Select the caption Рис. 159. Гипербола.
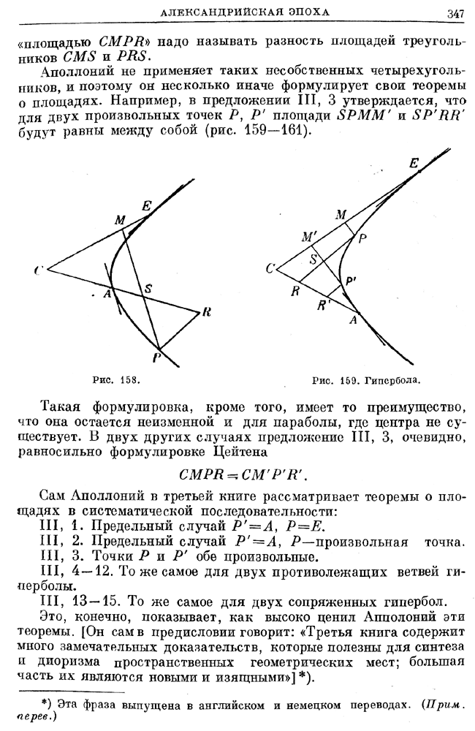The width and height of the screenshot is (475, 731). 368,380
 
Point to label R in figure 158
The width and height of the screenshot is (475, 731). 207,313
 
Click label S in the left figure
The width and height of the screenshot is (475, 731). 148,288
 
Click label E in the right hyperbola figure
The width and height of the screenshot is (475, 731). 414,165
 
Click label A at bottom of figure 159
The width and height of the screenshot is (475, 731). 354,319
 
